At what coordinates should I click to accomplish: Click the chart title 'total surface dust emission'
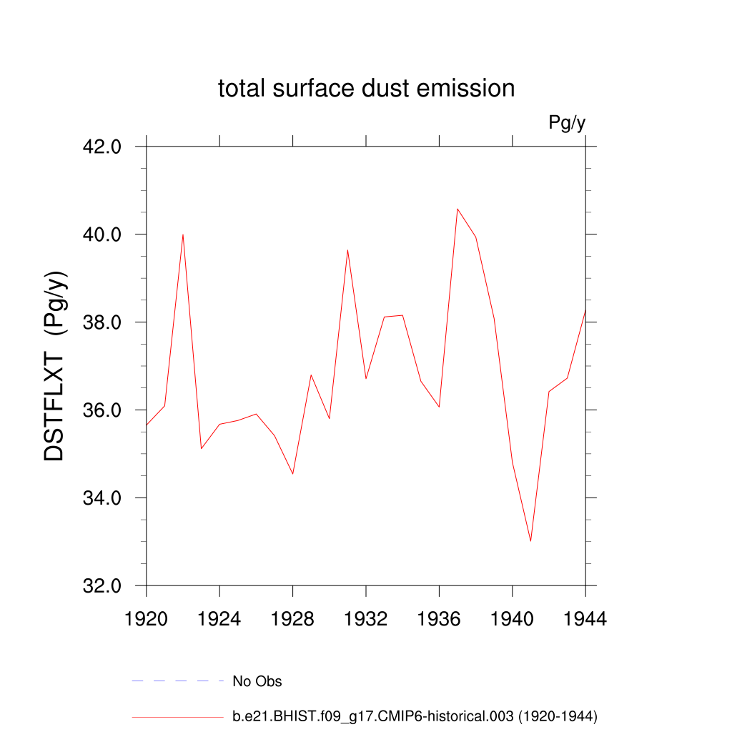366,89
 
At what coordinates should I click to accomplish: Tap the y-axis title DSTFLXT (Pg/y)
56,366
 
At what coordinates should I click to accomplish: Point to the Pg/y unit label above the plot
567,123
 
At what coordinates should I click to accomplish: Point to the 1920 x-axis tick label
147,620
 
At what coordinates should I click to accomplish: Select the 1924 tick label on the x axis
219,620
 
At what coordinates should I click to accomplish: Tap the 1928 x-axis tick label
293,620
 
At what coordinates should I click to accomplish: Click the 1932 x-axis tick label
366,620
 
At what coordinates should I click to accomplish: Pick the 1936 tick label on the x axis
439,620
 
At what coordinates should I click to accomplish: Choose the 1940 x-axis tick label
513,620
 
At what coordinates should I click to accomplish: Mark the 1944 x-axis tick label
585,620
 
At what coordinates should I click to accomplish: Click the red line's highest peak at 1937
457,209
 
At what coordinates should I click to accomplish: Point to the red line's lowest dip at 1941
530,541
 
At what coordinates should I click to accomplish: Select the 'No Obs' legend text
257,681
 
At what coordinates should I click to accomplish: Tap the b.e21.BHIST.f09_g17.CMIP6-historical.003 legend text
415,716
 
